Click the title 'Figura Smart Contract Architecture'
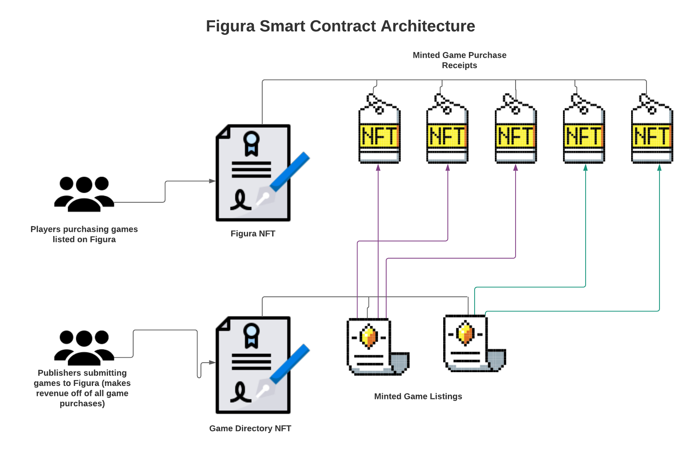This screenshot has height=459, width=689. [x=340, y=26]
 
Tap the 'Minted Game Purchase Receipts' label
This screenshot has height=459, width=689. [x=459, y=60]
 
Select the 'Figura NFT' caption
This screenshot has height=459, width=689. [x=253, y=233]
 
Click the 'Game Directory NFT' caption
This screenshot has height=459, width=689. [x=250, y=428]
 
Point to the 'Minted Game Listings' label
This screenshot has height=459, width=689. [x=418, y=396]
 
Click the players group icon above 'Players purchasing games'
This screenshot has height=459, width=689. [x=84, y=194]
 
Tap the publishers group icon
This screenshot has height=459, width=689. [x=84, y=348]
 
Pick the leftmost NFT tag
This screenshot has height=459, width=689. [x=379, y=129]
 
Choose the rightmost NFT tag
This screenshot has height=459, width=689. [x=652, y=129]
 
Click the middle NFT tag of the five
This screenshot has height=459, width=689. [x=516, y=129]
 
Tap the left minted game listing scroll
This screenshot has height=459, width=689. [x=378, y=347]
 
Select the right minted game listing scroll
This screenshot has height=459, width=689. [x=475, y=343]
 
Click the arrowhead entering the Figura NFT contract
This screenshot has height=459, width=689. [x=212, y=181]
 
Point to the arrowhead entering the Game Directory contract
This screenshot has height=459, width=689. [x=212, y=362]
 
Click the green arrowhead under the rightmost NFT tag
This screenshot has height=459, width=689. [x=659, y=167]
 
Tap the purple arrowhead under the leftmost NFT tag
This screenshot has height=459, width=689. [x=378, y=167]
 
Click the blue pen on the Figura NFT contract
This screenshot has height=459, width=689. [x=290, y=172]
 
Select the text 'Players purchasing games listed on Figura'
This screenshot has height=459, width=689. [x=84, y=234]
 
